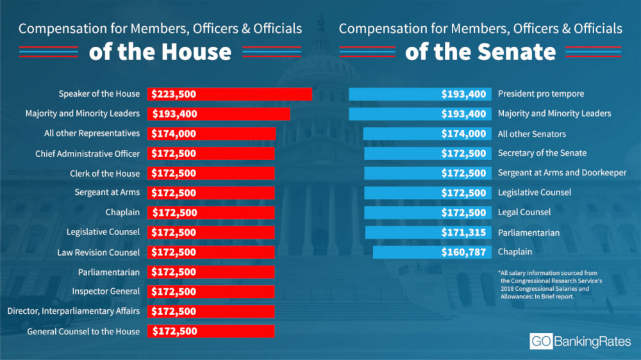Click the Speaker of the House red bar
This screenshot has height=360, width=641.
[x=229, y=94]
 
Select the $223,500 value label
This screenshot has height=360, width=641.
[x=174, y=94]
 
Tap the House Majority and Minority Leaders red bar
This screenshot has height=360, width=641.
[x=219, y=114]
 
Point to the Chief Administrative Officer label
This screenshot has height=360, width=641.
[x=87, y=154]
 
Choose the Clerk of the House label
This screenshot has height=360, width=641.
[x=104, y=174]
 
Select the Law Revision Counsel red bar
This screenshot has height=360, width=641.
[x=211, y=252]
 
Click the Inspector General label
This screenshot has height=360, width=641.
[x=106, y=291]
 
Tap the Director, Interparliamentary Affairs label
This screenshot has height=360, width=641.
[x=73, y=311]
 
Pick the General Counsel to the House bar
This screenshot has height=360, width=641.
[x=211, y=331]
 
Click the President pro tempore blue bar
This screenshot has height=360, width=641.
[x=420, y=94]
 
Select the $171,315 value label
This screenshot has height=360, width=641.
[x=463, y=233]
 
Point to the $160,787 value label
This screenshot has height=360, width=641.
[x=463, y=252]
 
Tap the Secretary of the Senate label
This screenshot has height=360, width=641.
[x=542, y=153]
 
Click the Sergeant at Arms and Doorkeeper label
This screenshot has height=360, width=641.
[x=562, y=173]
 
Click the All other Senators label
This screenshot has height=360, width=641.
[x=531, y=134]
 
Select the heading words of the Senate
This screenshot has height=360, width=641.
[x=480, y=52]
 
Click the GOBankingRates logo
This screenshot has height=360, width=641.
[x=580, y=341]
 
